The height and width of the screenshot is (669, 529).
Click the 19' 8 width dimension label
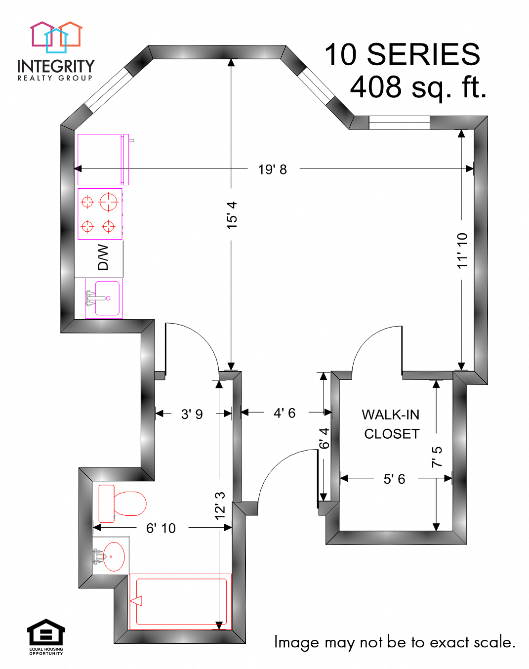272,169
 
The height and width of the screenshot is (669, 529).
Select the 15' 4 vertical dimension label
232,215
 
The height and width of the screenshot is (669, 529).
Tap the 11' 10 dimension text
462,251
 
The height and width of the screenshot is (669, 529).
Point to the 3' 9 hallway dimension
192,414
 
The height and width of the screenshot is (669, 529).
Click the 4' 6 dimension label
285,413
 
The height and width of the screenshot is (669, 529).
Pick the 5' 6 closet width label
394,479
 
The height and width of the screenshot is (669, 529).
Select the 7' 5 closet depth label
437,457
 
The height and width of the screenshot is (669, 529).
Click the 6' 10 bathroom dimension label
161,528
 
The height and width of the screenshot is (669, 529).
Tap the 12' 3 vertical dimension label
220,505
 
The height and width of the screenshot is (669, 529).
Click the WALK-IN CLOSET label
391,424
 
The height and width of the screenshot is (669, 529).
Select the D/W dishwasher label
103,257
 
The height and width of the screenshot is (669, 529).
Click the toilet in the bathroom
122,503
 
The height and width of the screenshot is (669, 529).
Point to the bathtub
181,602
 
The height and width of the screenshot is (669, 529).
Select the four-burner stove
100,214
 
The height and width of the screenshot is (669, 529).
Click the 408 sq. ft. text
418,87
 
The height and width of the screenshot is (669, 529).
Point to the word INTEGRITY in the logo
55,66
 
